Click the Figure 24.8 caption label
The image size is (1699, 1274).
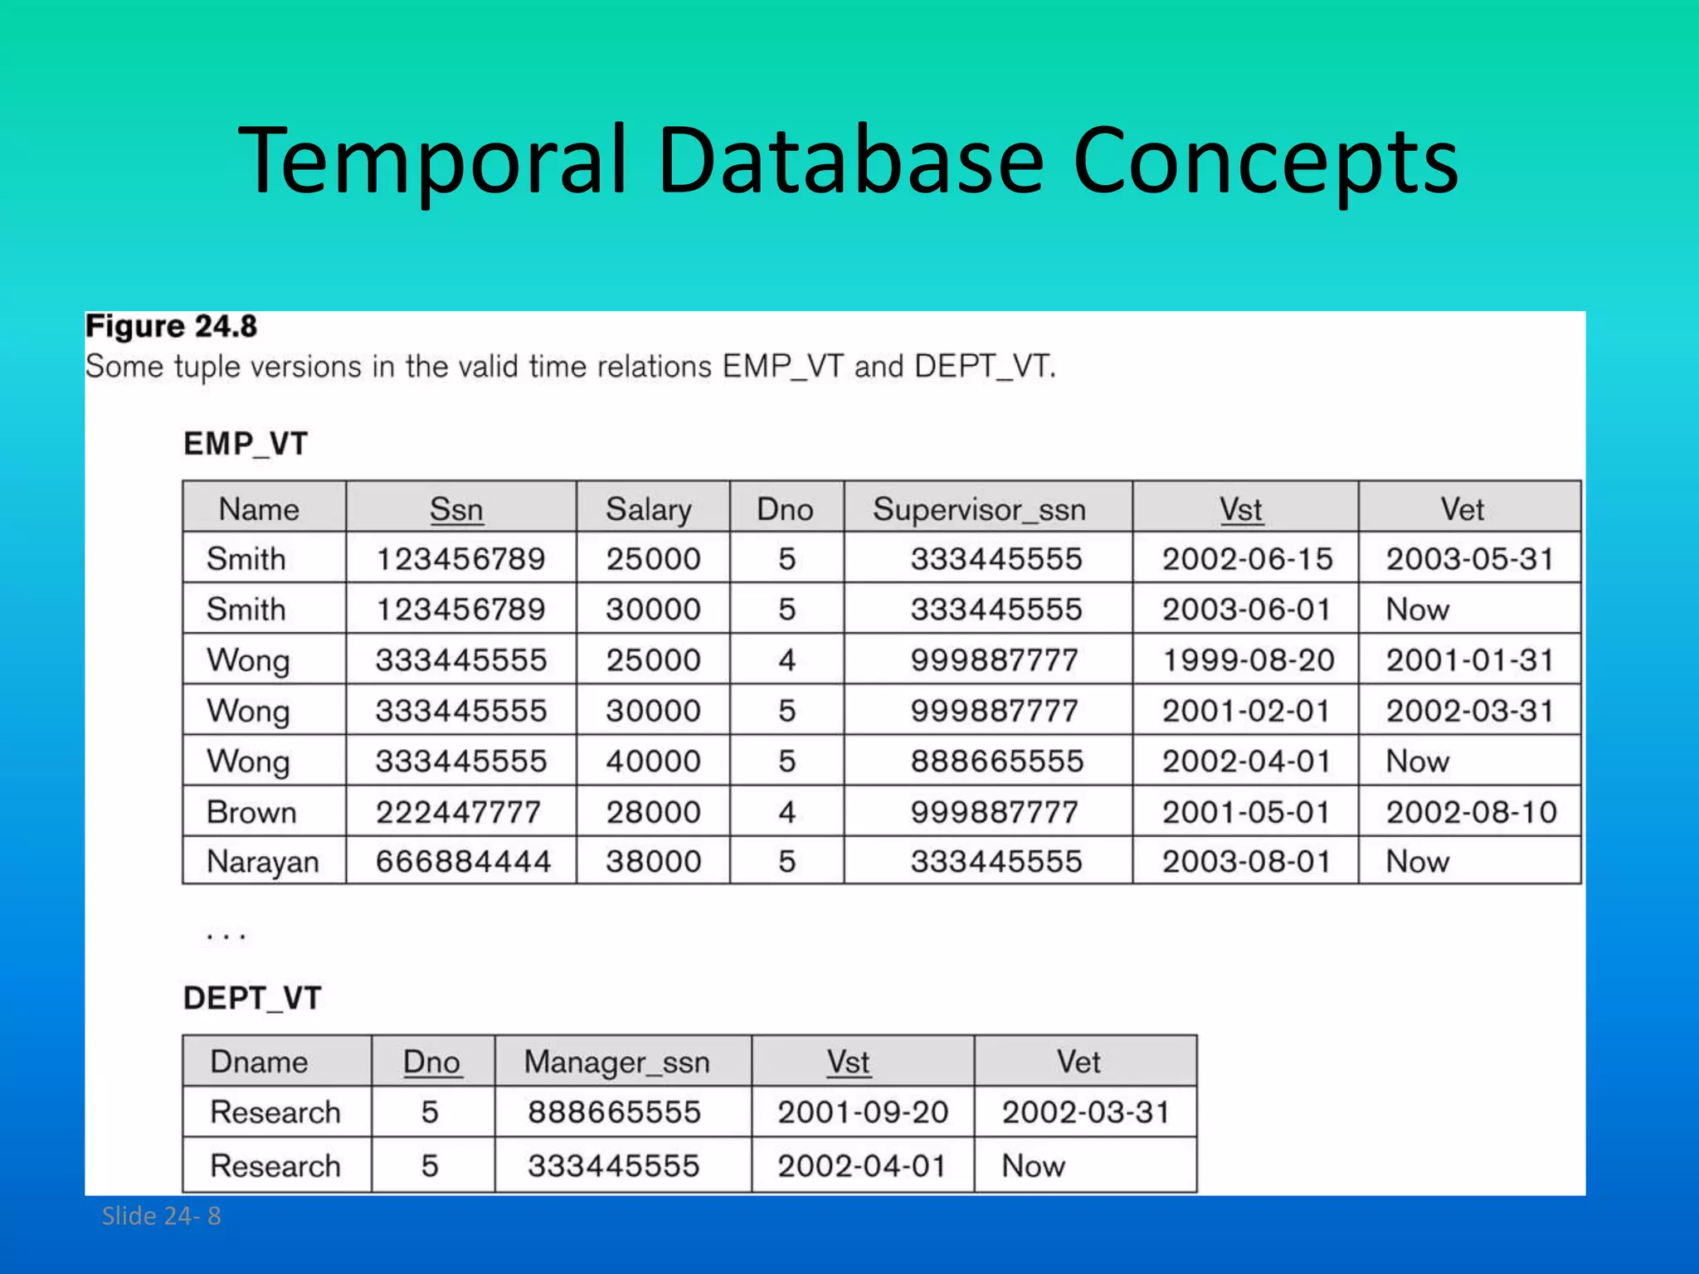(171, 326)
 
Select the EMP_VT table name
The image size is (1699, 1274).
(246, 444)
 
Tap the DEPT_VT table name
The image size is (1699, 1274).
(252, 998)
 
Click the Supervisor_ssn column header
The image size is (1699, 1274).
(979, 508)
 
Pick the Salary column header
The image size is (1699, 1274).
(648, 508)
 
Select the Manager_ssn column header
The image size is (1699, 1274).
(616, 1062)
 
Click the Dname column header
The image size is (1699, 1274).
(259, 1062)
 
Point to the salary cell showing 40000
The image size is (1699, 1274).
(653, 761)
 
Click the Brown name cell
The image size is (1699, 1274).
(251, 811)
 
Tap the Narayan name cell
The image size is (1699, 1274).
(262, 862)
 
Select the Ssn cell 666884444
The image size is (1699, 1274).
(463, 862)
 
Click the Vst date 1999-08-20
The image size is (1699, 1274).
(1247, 659)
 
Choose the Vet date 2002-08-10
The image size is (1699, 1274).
(1471, 811)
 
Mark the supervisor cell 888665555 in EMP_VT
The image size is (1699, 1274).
(996, 761)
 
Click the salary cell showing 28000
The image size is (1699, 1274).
(653, 811)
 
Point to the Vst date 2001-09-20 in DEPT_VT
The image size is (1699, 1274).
(862, 1111)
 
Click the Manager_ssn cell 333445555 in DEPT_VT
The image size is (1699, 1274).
(614, 1165)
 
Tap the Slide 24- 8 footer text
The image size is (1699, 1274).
(161, 1216)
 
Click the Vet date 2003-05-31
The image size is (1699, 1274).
(1469, 558)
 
